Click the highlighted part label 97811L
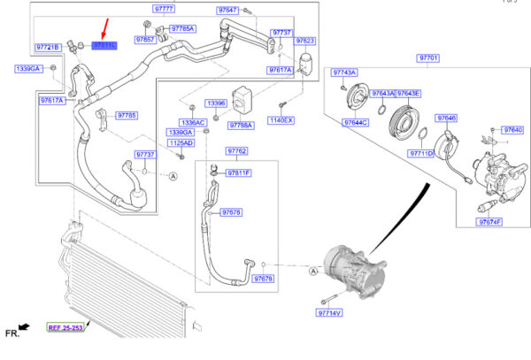tap(104, 44)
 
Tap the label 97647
tap(228, 9)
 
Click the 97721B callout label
tap(48, 46)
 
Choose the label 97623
tap(305, 41)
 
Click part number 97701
tap(428, 57)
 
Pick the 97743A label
tap(345, 72)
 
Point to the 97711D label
tap(420, 153)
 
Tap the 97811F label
tap(239, 173)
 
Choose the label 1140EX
tap(281, 119)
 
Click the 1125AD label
tap(180, 142)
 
